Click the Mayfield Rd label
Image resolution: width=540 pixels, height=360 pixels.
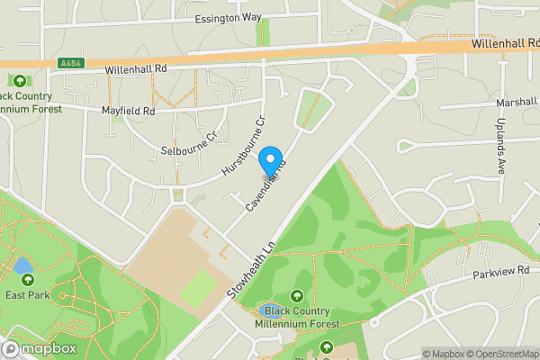click(130, 112)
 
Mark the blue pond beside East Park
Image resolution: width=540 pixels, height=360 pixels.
click(22, 267)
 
